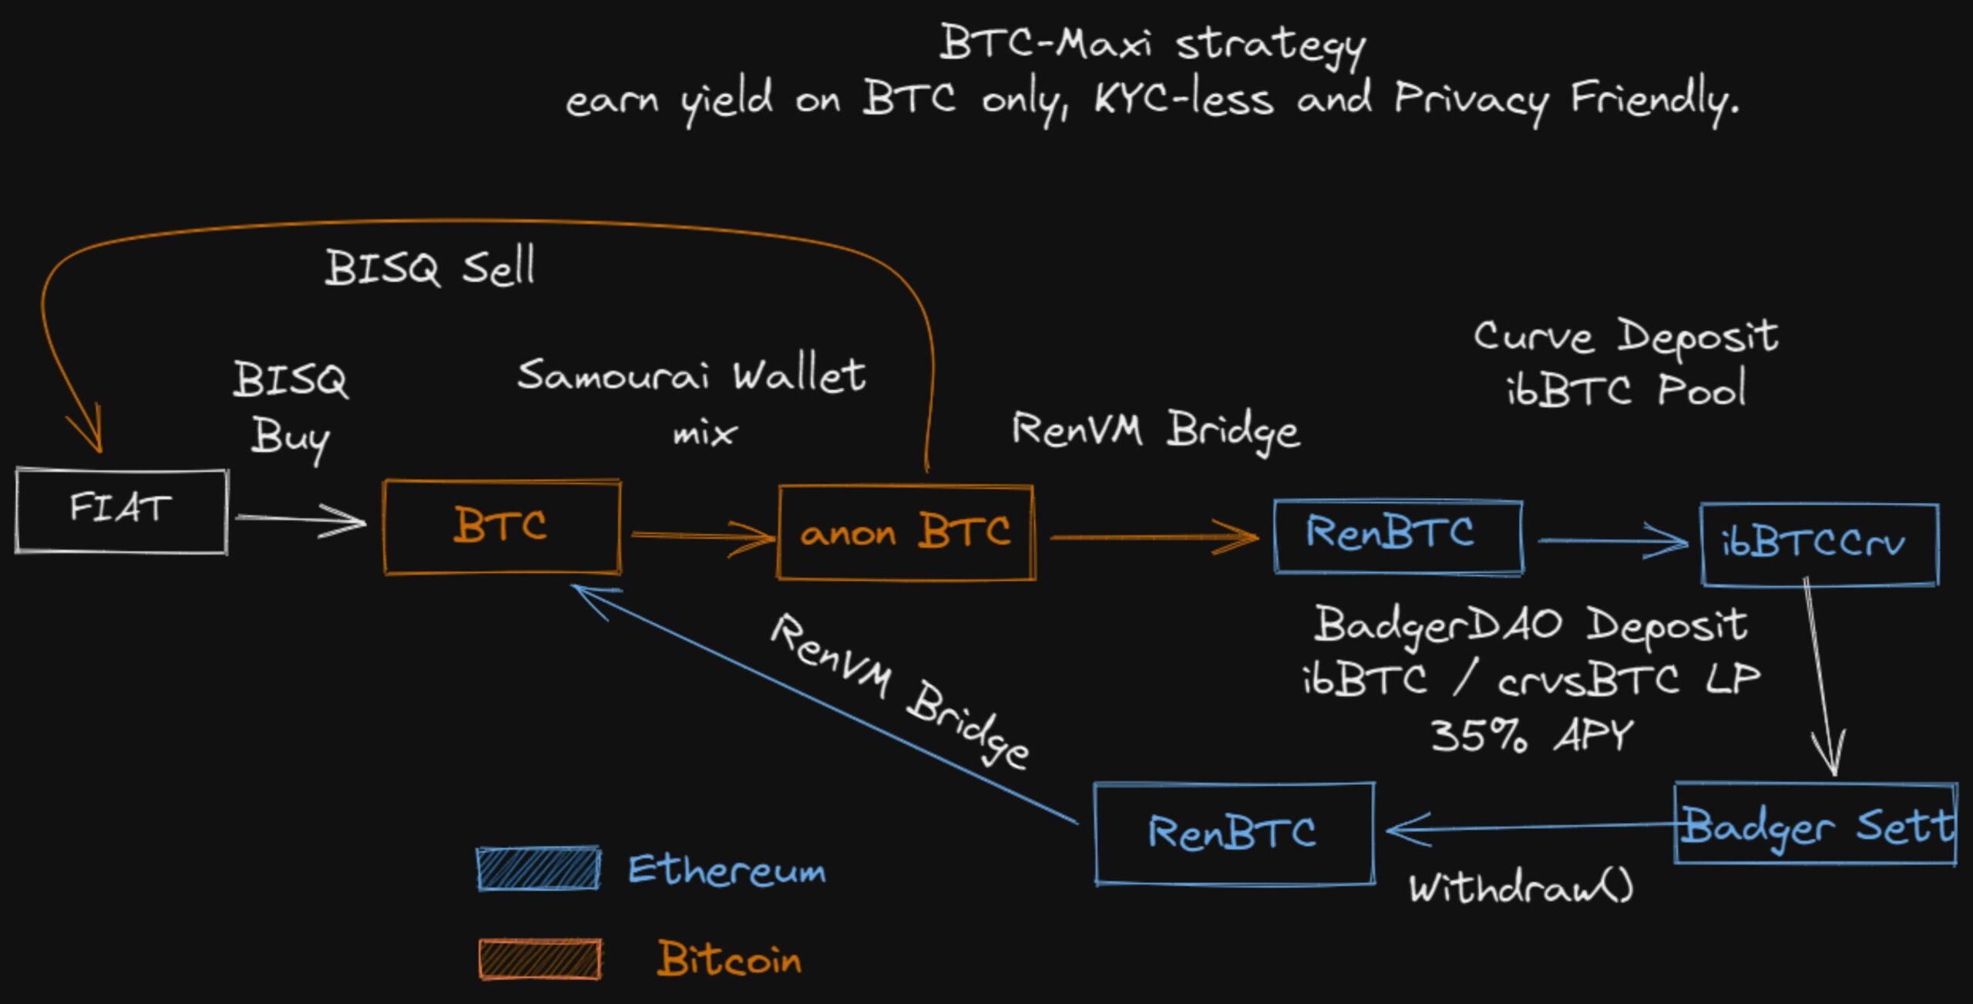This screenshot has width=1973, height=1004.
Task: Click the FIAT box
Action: click(122, 510)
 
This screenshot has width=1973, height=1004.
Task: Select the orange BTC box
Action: click(502, 527)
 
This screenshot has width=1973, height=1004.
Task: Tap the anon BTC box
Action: click(906, 532)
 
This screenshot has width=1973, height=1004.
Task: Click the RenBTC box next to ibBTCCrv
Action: click(1398, 536)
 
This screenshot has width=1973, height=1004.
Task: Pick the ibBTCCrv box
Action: click(1819, 544)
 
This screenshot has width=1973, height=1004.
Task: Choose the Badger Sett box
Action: click(1815, 824)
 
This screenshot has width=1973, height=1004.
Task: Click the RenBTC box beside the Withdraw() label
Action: click(1234, 833)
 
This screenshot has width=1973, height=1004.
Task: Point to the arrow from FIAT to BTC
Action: click(301, 520)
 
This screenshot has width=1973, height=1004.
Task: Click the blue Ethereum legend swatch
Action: click(538, 869)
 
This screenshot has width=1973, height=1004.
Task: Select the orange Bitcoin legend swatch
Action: click(539, 959)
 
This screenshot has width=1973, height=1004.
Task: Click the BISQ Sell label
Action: click(429, 268)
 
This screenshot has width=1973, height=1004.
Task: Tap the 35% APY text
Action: click(1531, 735)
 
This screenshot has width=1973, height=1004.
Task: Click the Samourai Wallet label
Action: click(691, 376)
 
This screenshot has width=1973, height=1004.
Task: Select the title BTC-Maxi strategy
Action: click(1152, 43)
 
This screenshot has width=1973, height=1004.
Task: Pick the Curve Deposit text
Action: click(1625, 337)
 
